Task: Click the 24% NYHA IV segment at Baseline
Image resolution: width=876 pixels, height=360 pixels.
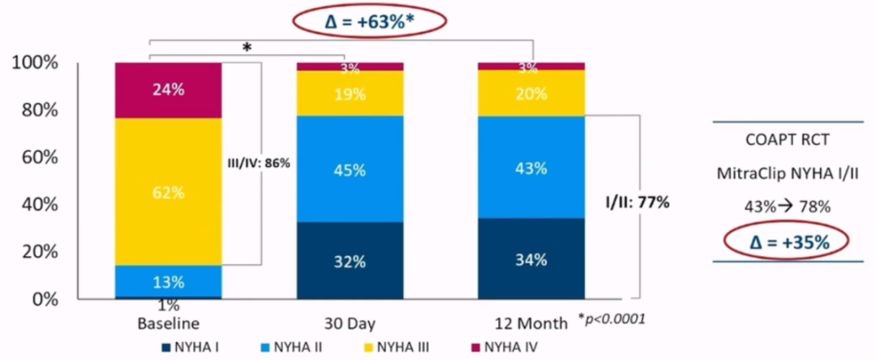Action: pos(169,89)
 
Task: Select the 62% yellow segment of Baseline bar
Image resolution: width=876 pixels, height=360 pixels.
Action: pos(169,192)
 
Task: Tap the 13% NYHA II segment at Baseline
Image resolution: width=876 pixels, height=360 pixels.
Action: pos(169,281)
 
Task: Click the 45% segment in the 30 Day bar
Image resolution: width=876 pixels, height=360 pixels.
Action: pos(350,170)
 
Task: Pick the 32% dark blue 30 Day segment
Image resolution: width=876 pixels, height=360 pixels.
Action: pos(350,261)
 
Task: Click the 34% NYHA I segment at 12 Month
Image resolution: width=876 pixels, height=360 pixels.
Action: pos(531,259)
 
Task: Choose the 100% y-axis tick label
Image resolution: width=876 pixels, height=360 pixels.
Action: pos(35,63)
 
